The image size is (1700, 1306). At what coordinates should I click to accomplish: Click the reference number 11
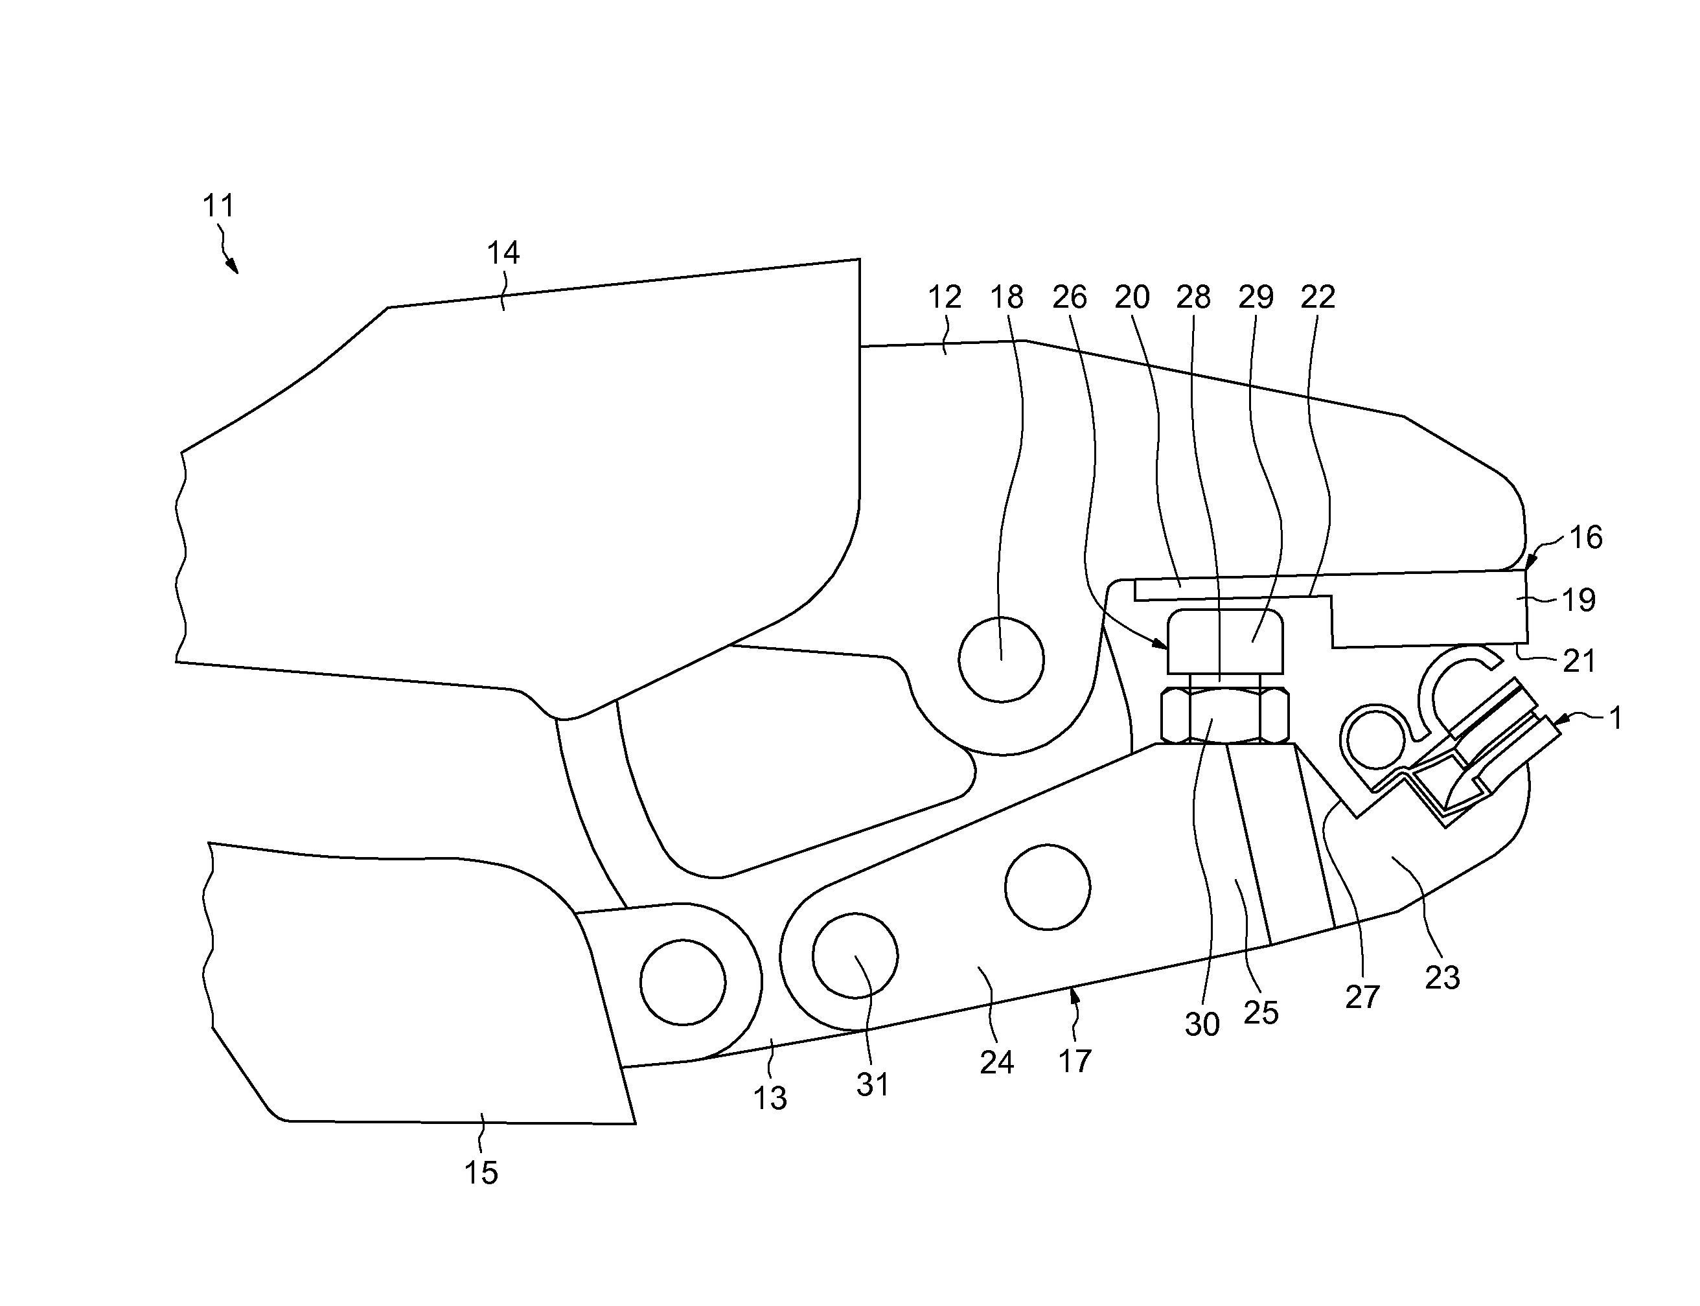pyautogui.click(x=218, y=206)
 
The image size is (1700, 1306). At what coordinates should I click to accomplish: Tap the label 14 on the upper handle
pyautogui.click(x=503, y=253)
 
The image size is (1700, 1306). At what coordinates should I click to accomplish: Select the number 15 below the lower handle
pyautogui.click(x=480, y=1173)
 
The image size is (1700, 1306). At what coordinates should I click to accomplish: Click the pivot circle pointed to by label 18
pyautogui.click(x=1001, y=659)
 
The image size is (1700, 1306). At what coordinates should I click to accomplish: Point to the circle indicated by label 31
pyautogui.click(x=855, y=956)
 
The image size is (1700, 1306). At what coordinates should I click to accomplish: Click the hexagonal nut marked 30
pyautogui.click(x=1224, y=715)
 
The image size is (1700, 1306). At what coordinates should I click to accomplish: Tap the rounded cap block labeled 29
pyautogui.click(x=1226, y=641)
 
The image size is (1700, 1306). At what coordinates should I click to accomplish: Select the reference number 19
pyautogui.click(x=1578, y=599)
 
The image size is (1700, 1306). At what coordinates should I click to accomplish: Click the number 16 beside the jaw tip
pyautogui.click(x=1586, y=537)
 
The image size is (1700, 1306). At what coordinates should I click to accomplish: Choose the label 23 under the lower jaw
pyautogui.click(x=1442, y=978)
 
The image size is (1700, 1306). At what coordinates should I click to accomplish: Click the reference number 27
pyautogui.click(x=1362, y=998)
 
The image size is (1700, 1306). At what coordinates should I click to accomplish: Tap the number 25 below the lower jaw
pyautogui.click(x=1261, y=1012)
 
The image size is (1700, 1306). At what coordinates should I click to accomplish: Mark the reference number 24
pyautogui.click(x=996, y=1062)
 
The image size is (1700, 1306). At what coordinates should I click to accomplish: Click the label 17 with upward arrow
pyautogui.click(x=1075, y=1061)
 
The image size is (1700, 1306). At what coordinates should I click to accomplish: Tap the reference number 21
pyautogui.click(x=1579, y=661)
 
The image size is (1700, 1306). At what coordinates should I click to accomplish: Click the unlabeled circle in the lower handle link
pyautogui.click(x=682, y=983)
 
